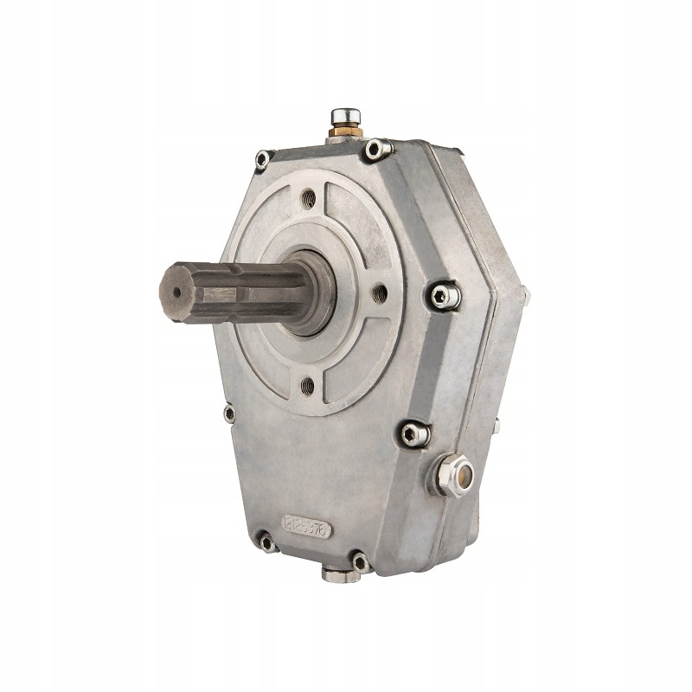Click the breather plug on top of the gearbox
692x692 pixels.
342,114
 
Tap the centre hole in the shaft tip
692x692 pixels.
178,292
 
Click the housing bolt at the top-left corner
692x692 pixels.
262,158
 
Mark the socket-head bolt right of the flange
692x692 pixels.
444,297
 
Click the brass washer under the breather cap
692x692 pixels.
343,131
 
